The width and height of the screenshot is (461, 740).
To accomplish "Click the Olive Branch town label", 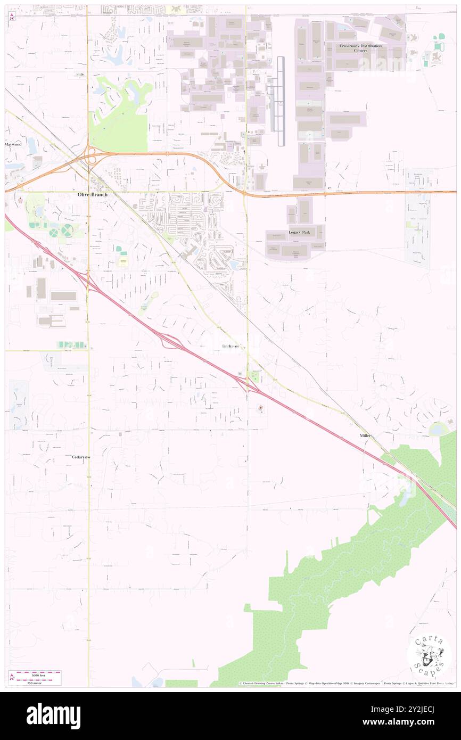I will tap(93, 195).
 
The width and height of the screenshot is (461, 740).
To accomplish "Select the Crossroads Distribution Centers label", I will tap(360, 48).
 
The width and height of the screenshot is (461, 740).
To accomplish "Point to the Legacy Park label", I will tap(299, 233).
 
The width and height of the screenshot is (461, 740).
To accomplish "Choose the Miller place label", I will tap(365, 435).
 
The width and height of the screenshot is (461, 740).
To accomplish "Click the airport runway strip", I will tap(281, 101).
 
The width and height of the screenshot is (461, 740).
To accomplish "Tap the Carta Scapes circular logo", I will tap(429, 655).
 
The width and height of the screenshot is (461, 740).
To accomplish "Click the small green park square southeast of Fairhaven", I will tap(254, 378).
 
